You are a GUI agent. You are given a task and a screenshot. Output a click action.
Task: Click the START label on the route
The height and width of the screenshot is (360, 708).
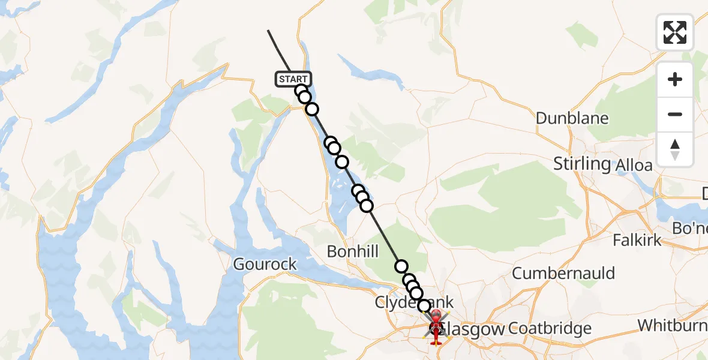tap(293, 79)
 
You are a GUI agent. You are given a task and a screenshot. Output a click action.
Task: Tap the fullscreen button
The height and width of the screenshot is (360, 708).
tap(675, 32)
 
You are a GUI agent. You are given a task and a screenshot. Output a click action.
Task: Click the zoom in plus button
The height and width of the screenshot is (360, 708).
tap(675, 79)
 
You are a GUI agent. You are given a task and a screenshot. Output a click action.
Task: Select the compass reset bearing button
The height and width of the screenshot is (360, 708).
tap(675, 149)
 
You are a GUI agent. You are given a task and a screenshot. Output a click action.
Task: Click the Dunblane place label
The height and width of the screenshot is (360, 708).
tap(572, 118)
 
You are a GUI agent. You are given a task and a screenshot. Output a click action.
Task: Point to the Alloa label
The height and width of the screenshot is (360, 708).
tap(634, 166)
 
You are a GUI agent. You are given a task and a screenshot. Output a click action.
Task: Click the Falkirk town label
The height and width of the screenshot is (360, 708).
tap(637, 241)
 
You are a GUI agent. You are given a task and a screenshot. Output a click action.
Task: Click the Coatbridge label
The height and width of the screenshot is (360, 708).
tap(550, 329)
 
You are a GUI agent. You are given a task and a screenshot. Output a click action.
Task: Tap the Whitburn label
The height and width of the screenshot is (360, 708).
tap(672, 325)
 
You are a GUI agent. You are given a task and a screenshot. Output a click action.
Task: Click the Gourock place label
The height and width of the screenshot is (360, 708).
tap(265, 264)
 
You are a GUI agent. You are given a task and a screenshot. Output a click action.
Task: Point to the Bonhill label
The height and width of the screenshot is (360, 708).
tap(353, 251)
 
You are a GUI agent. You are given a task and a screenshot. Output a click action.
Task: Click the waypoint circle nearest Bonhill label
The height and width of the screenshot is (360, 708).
tap(401, 266)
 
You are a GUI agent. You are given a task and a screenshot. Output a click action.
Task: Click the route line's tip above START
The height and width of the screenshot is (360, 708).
tap(268, 31)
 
